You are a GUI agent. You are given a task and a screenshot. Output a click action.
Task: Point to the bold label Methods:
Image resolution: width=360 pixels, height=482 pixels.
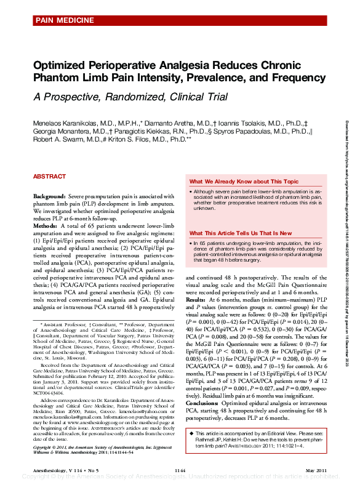pos(47,226)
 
